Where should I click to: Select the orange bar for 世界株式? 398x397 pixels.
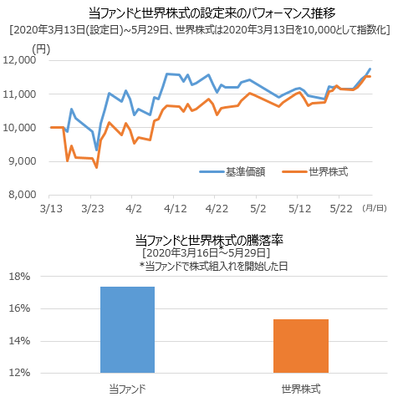(x=300, y=345)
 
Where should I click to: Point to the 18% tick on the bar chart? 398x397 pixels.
(x=21, y=277)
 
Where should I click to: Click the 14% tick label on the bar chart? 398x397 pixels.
(x=21, y=341)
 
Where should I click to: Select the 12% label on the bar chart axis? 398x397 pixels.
(x=21, y=373)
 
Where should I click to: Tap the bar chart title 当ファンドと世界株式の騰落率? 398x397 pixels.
(x=198, y=241)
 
